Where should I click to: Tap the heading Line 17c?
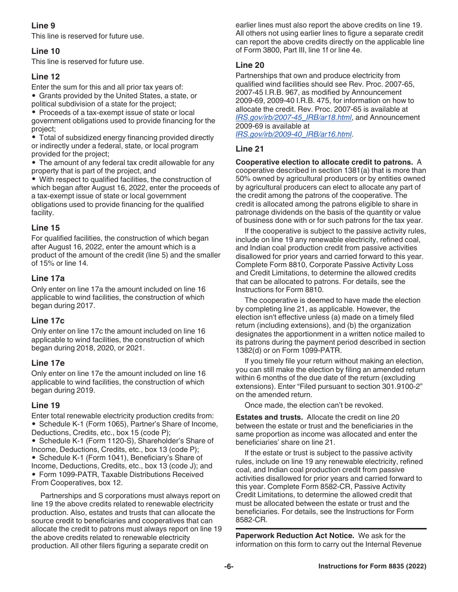48,321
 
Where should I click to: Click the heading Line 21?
250,149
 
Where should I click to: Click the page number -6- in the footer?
229,566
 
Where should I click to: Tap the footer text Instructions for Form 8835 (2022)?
372,566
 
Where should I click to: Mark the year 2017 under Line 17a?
87,306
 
